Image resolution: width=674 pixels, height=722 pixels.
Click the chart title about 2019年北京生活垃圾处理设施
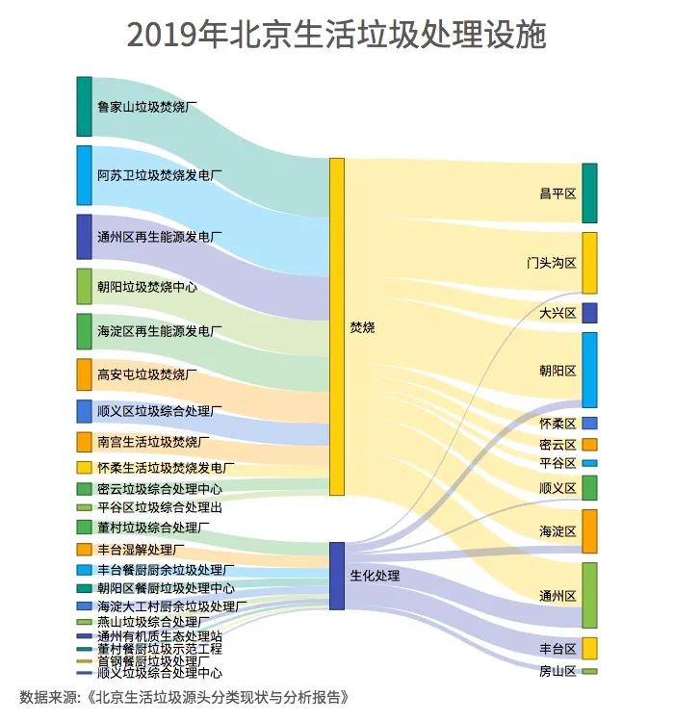click(x=337, y=35)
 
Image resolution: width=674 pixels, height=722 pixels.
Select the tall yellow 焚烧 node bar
click(x=337, y=327)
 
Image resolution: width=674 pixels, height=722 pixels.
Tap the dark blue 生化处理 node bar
click(x=337, y=576)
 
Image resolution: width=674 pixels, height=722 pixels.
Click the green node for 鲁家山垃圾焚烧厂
click(x=85, y=106)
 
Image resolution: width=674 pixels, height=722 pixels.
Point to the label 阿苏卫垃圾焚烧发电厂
click(x=160, y=175)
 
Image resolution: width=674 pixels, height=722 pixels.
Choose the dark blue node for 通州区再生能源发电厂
click(x=85, y=237)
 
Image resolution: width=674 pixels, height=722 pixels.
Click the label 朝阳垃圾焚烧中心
click(x=147, y=287)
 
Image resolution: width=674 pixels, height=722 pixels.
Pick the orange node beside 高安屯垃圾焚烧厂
click(x=85, y=374)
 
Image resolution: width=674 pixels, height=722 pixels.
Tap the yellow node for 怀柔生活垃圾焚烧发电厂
click(x=85, y=467)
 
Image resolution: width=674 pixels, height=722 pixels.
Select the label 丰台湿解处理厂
click(x=141, y=550)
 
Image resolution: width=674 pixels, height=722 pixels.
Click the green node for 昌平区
click(x=589, y=193)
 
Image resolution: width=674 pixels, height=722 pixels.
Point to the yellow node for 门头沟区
click(x=589, y=263)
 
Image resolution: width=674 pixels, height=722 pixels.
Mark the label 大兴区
click(x=557, y=313)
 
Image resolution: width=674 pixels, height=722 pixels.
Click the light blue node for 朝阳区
click(x=589, y=371)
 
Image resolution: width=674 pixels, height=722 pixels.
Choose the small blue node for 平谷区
click(x=589, y=463)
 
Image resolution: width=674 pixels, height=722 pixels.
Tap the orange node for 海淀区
click(x=589, y=531)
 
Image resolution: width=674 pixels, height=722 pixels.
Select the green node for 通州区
click(x=589, y=595)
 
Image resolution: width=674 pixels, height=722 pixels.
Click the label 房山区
click(x=557, y=671)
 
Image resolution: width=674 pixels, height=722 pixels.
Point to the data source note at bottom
click(x=183, y=697)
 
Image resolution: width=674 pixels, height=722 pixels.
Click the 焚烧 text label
click(x=363, y=327)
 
